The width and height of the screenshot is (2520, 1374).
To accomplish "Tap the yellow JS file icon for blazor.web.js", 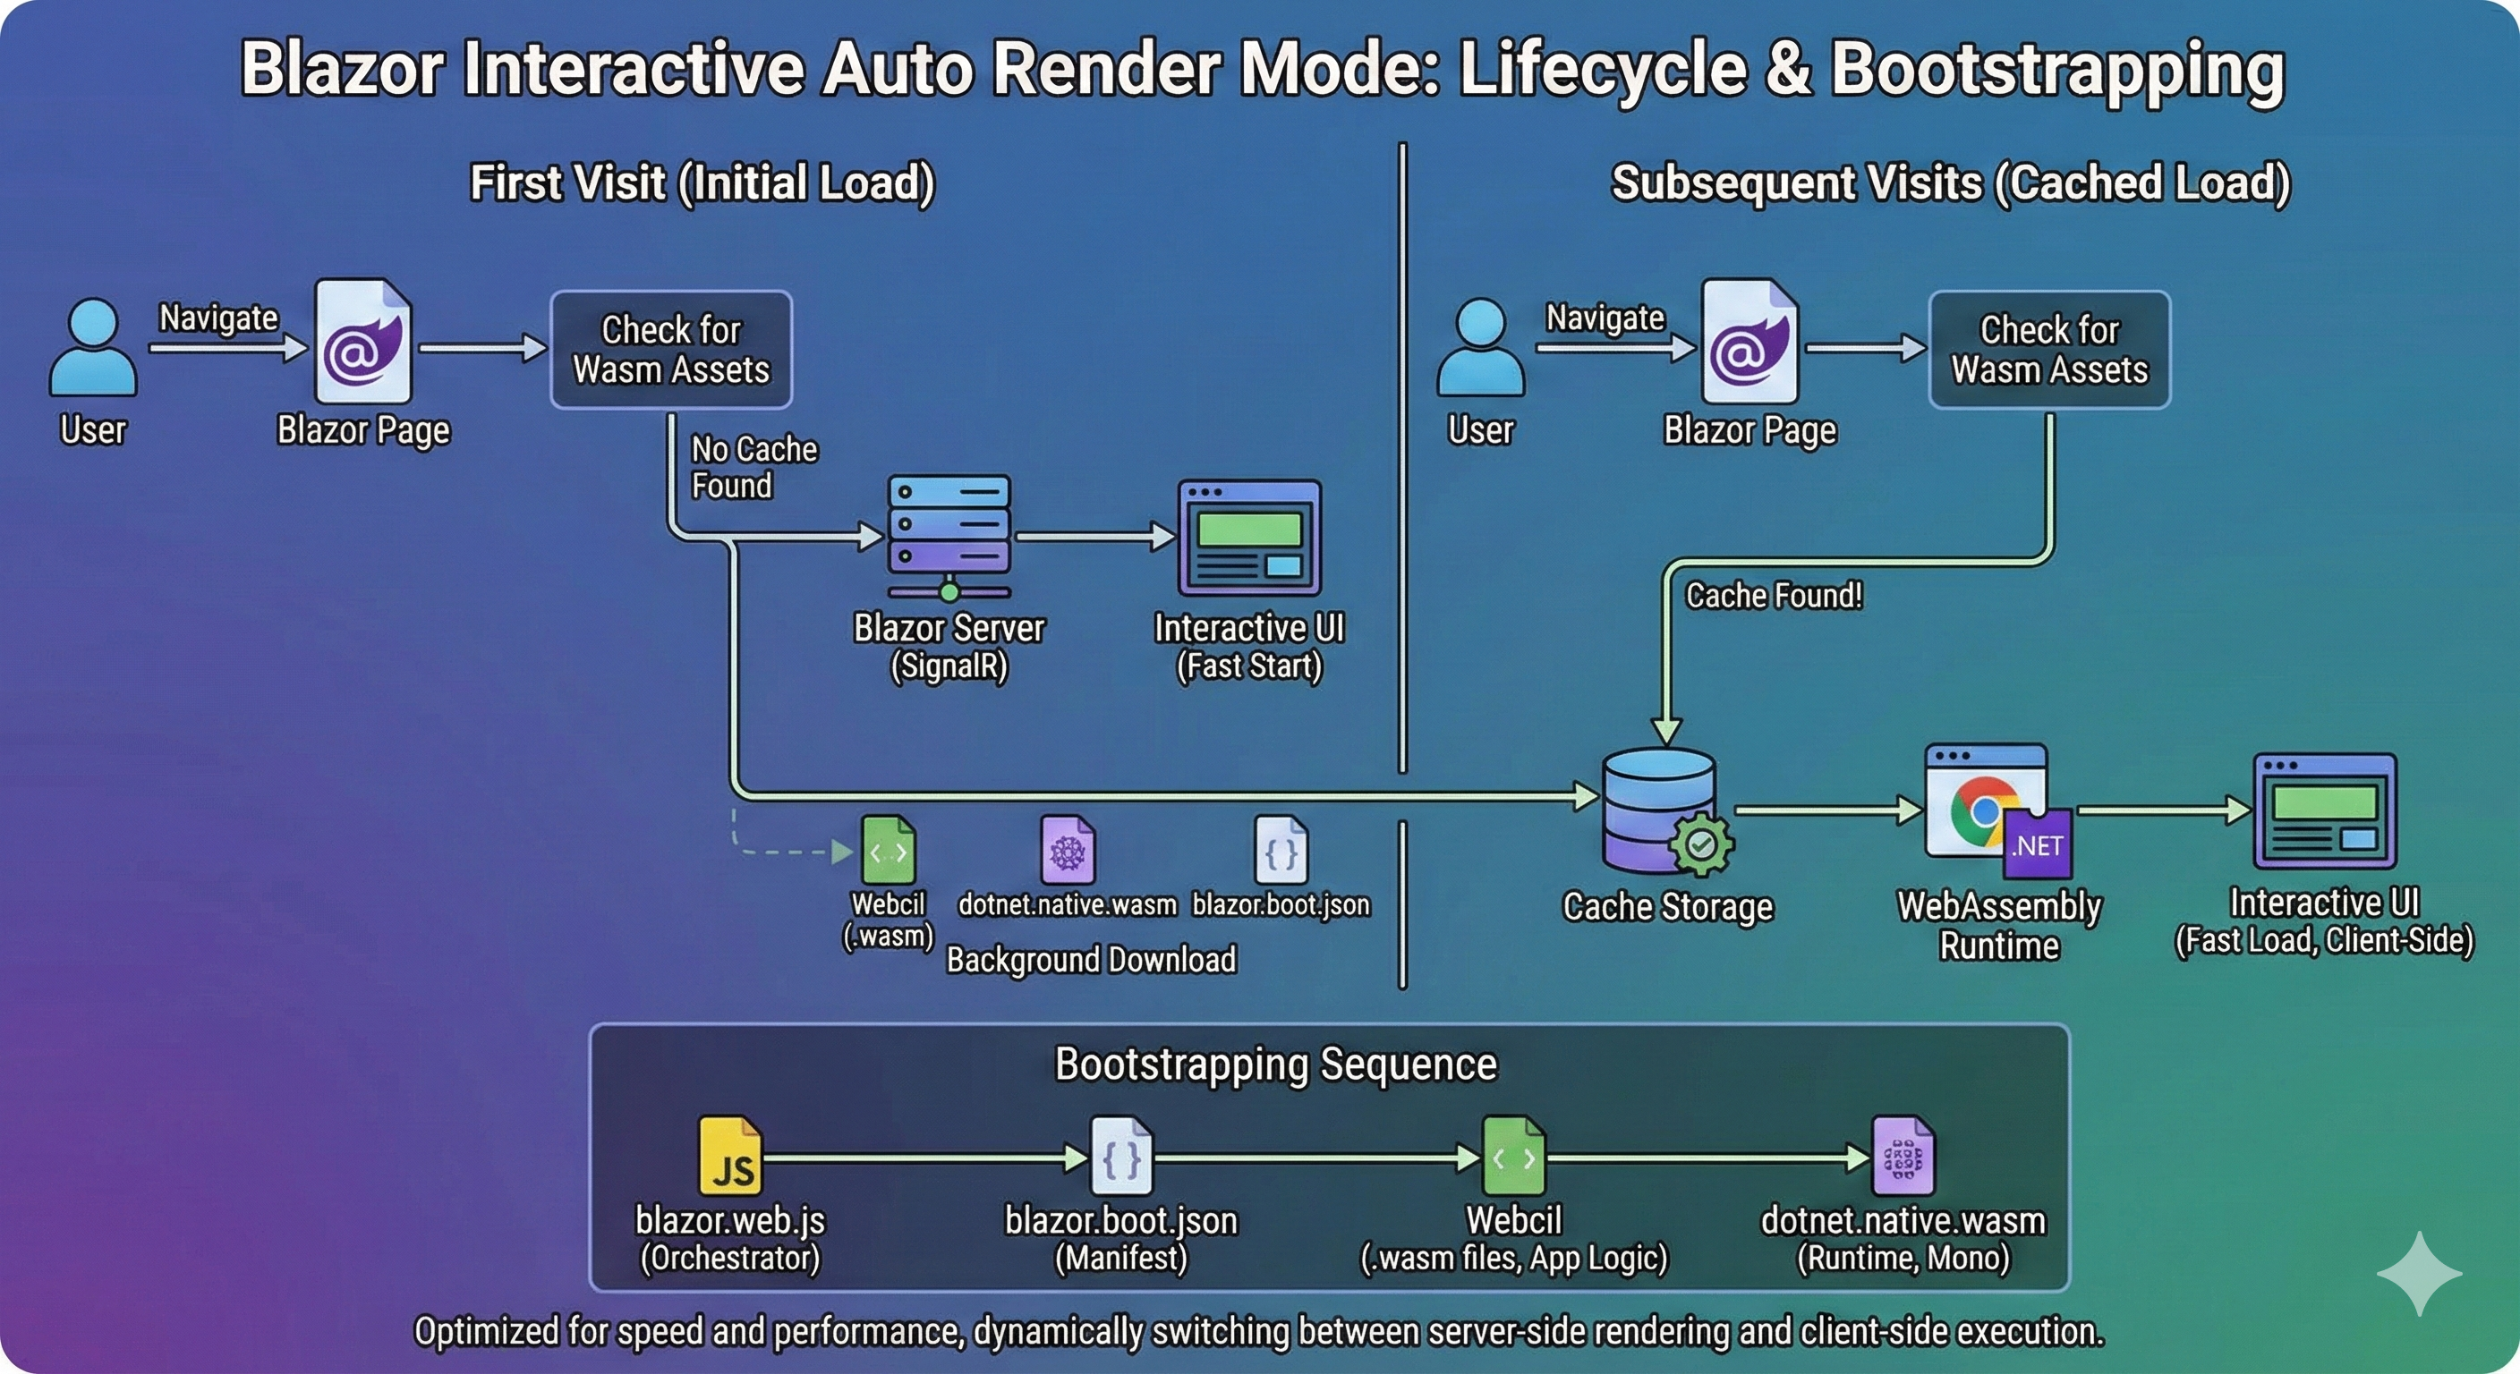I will click(x=730, y=1156).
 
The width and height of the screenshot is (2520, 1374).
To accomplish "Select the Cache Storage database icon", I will click(x=1660, y=810).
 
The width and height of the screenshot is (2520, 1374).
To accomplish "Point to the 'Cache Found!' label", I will click(x=1773, y=596).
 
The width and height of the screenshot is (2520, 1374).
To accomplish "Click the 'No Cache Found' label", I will click(x=753, y=468).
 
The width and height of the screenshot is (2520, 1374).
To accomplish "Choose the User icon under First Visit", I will click(x=93, y=347).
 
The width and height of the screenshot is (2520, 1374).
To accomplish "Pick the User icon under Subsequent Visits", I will click(x=1480, y=347).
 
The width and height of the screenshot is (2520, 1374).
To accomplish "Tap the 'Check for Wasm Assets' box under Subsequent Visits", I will click(x=2048, y=349).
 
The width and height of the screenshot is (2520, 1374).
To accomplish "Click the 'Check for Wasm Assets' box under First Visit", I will click(x=671, y=349).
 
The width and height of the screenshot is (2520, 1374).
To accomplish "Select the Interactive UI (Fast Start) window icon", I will click(x=1249, y=536).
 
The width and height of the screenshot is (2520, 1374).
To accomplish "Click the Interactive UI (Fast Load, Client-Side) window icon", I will click(x=2324, y=810).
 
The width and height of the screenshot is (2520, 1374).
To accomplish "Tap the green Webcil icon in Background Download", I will click(x=888, y=850).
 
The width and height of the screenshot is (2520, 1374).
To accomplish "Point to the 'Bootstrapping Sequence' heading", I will click(x=1275, y=1064).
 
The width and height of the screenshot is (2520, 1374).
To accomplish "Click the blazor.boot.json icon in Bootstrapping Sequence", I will click(x=1121, y=1156).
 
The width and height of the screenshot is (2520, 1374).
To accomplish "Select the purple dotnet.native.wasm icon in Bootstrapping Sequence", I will click(x=1902, y=1156).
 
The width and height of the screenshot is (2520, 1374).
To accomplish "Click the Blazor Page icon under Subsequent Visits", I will click(x=1750, y=342).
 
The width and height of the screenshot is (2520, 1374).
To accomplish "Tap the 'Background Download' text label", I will click(x=1091, y=959).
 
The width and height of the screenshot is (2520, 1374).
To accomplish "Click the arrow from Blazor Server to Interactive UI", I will click(x=1094, y=536).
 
